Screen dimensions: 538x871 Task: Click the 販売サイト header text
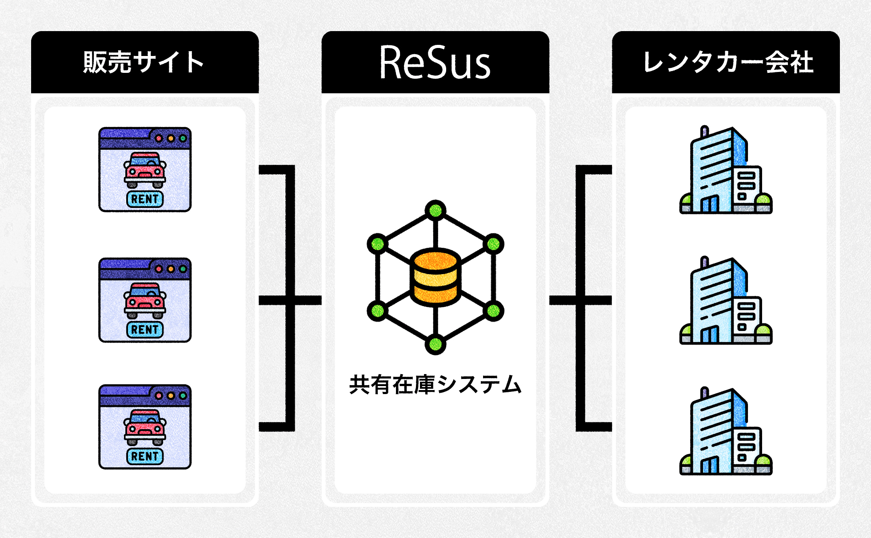[x=144, y=62]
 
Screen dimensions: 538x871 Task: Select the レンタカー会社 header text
[x=728, y=62]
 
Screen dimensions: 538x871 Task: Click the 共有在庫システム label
[x=435, y=385]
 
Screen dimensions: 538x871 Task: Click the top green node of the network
[x=435, y=210]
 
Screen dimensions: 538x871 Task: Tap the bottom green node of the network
[x=435, y=344]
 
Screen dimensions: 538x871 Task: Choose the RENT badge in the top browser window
[x=145, y=199]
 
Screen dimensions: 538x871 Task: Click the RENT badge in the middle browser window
[x=145, y=330]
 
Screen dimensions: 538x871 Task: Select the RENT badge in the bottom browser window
[x=145, y=456]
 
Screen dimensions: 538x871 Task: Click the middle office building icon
[x=726, y=301]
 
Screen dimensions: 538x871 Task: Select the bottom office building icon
[x=726, y=431]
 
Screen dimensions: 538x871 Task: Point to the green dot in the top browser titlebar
[x=183, y=139]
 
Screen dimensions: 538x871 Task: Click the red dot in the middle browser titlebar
[x=159, y=269]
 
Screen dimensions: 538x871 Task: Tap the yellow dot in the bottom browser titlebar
[x=171, y=395]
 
